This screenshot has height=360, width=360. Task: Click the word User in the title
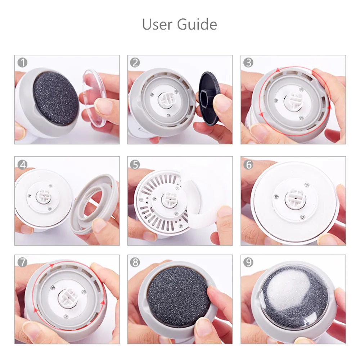[x=157, y=24]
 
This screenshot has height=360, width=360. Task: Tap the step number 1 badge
[x=22, y=62]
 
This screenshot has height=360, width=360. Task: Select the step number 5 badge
[x=135, y=165]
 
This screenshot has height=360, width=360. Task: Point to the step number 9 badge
[x=248, y=262]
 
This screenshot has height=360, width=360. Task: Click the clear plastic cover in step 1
[x=94, y=98]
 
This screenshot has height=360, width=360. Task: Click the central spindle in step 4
[x=44, y=197]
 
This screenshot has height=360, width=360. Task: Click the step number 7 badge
[x=22, y=262]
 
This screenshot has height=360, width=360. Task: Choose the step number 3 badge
[x=248, y=62]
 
